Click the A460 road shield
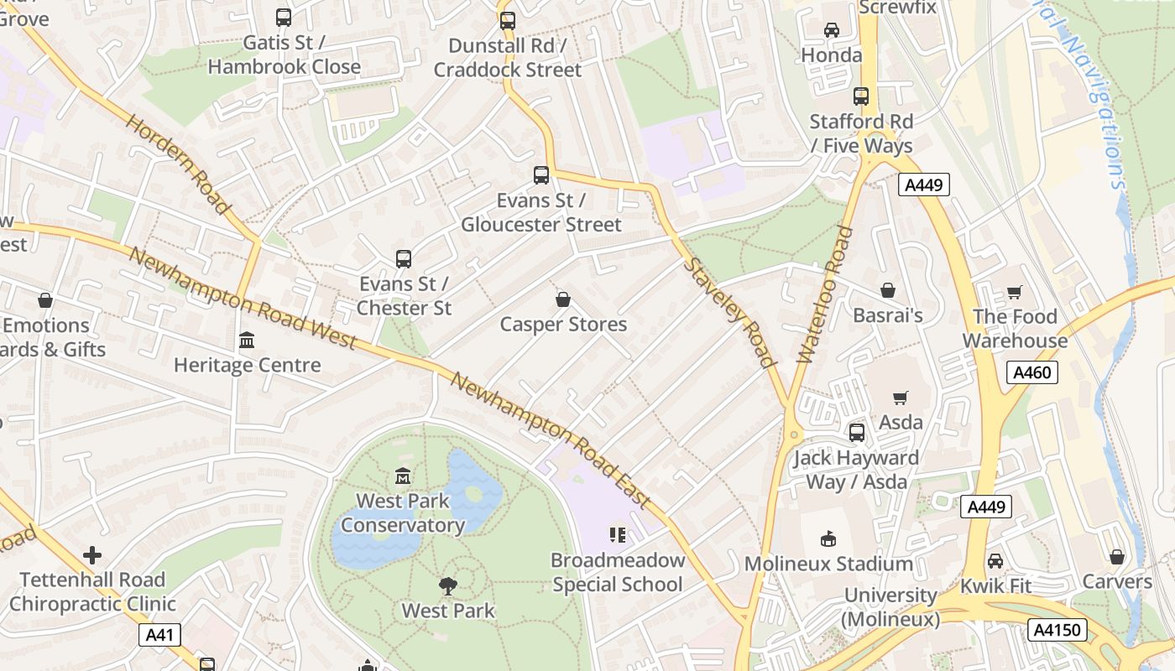tap(1031, 372)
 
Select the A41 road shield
tap(159, 635)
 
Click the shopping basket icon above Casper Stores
tap(563, 299)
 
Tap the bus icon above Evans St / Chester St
tap(404, 259)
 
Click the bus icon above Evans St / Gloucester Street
tap(541, 175)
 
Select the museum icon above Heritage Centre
tap(247, 341)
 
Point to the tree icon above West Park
tap(448, 586)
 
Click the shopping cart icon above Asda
tap(901, 398)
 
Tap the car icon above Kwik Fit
tap(995, 560)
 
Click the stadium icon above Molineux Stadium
tap(828, 538)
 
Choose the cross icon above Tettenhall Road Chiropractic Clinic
tap(92, 555)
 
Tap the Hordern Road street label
tap(179, 164)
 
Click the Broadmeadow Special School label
tap(618, 572)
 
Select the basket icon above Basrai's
tap(888, 291)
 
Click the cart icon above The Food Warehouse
tap(1015, 292)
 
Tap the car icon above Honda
tap(832, 30)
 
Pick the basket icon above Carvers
tap(1117, 557)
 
